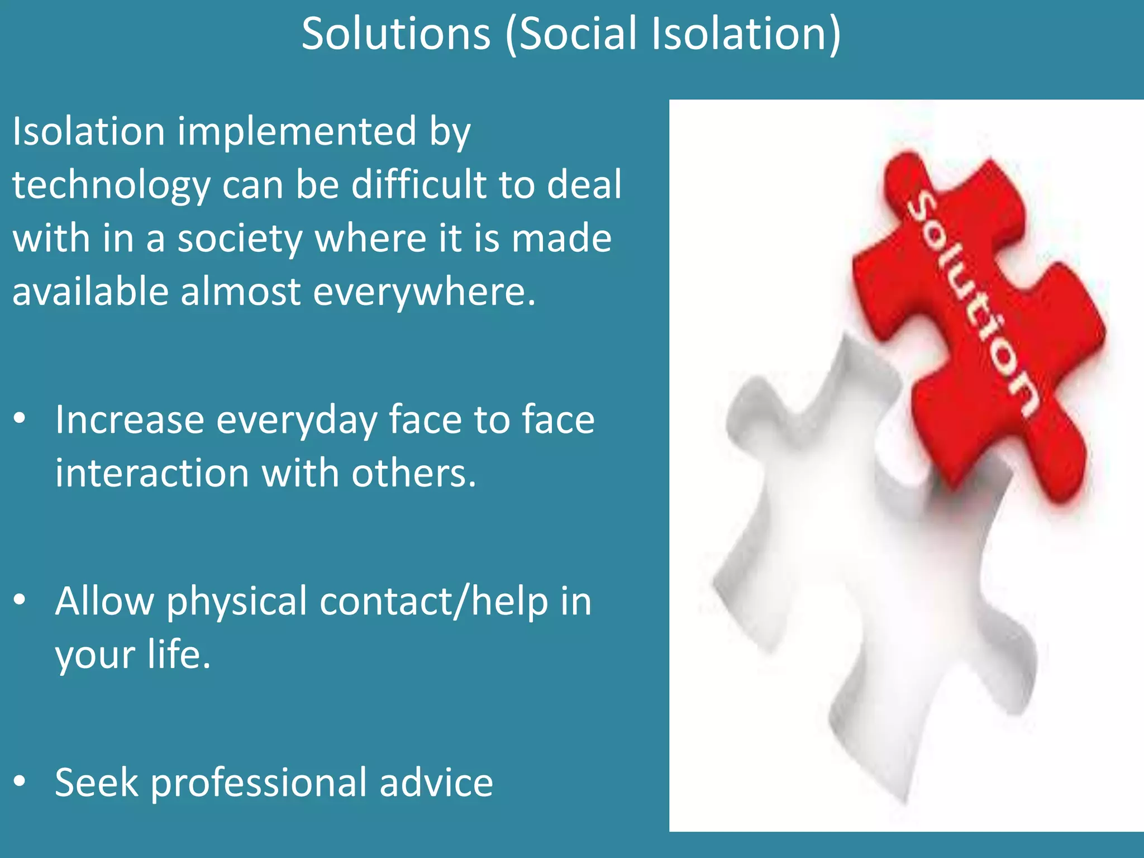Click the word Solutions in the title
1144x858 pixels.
click(395, 35)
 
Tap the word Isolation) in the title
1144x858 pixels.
click(746, 35)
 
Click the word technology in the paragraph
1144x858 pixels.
click(112, 185)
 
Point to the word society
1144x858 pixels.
click(240, 239)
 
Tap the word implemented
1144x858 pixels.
click(297, 132)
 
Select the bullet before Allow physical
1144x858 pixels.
click(20, 600)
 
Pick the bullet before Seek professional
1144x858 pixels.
click(20, 781)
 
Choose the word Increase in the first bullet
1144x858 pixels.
click(130, 420)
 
